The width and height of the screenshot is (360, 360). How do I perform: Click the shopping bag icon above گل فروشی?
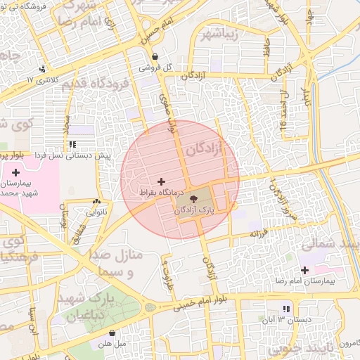[155, 58]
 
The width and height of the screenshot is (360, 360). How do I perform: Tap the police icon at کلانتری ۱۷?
[44, 69]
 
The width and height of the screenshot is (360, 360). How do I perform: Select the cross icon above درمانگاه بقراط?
[162, 181]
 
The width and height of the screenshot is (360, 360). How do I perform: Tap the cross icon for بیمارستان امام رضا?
[304, 270]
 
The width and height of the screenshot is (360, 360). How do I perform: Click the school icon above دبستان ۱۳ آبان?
[285, 309]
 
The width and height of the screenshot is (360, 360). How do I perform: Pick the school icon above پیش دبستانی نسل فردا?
[72, 144]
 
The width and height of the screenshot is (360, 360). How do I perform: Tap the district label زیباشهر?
[224, 34]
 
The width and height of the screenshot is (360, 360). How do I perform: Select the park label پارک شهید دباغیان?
[97, 307]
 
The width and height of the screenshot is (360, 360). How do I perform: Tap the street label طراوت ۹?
[167, 269]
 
